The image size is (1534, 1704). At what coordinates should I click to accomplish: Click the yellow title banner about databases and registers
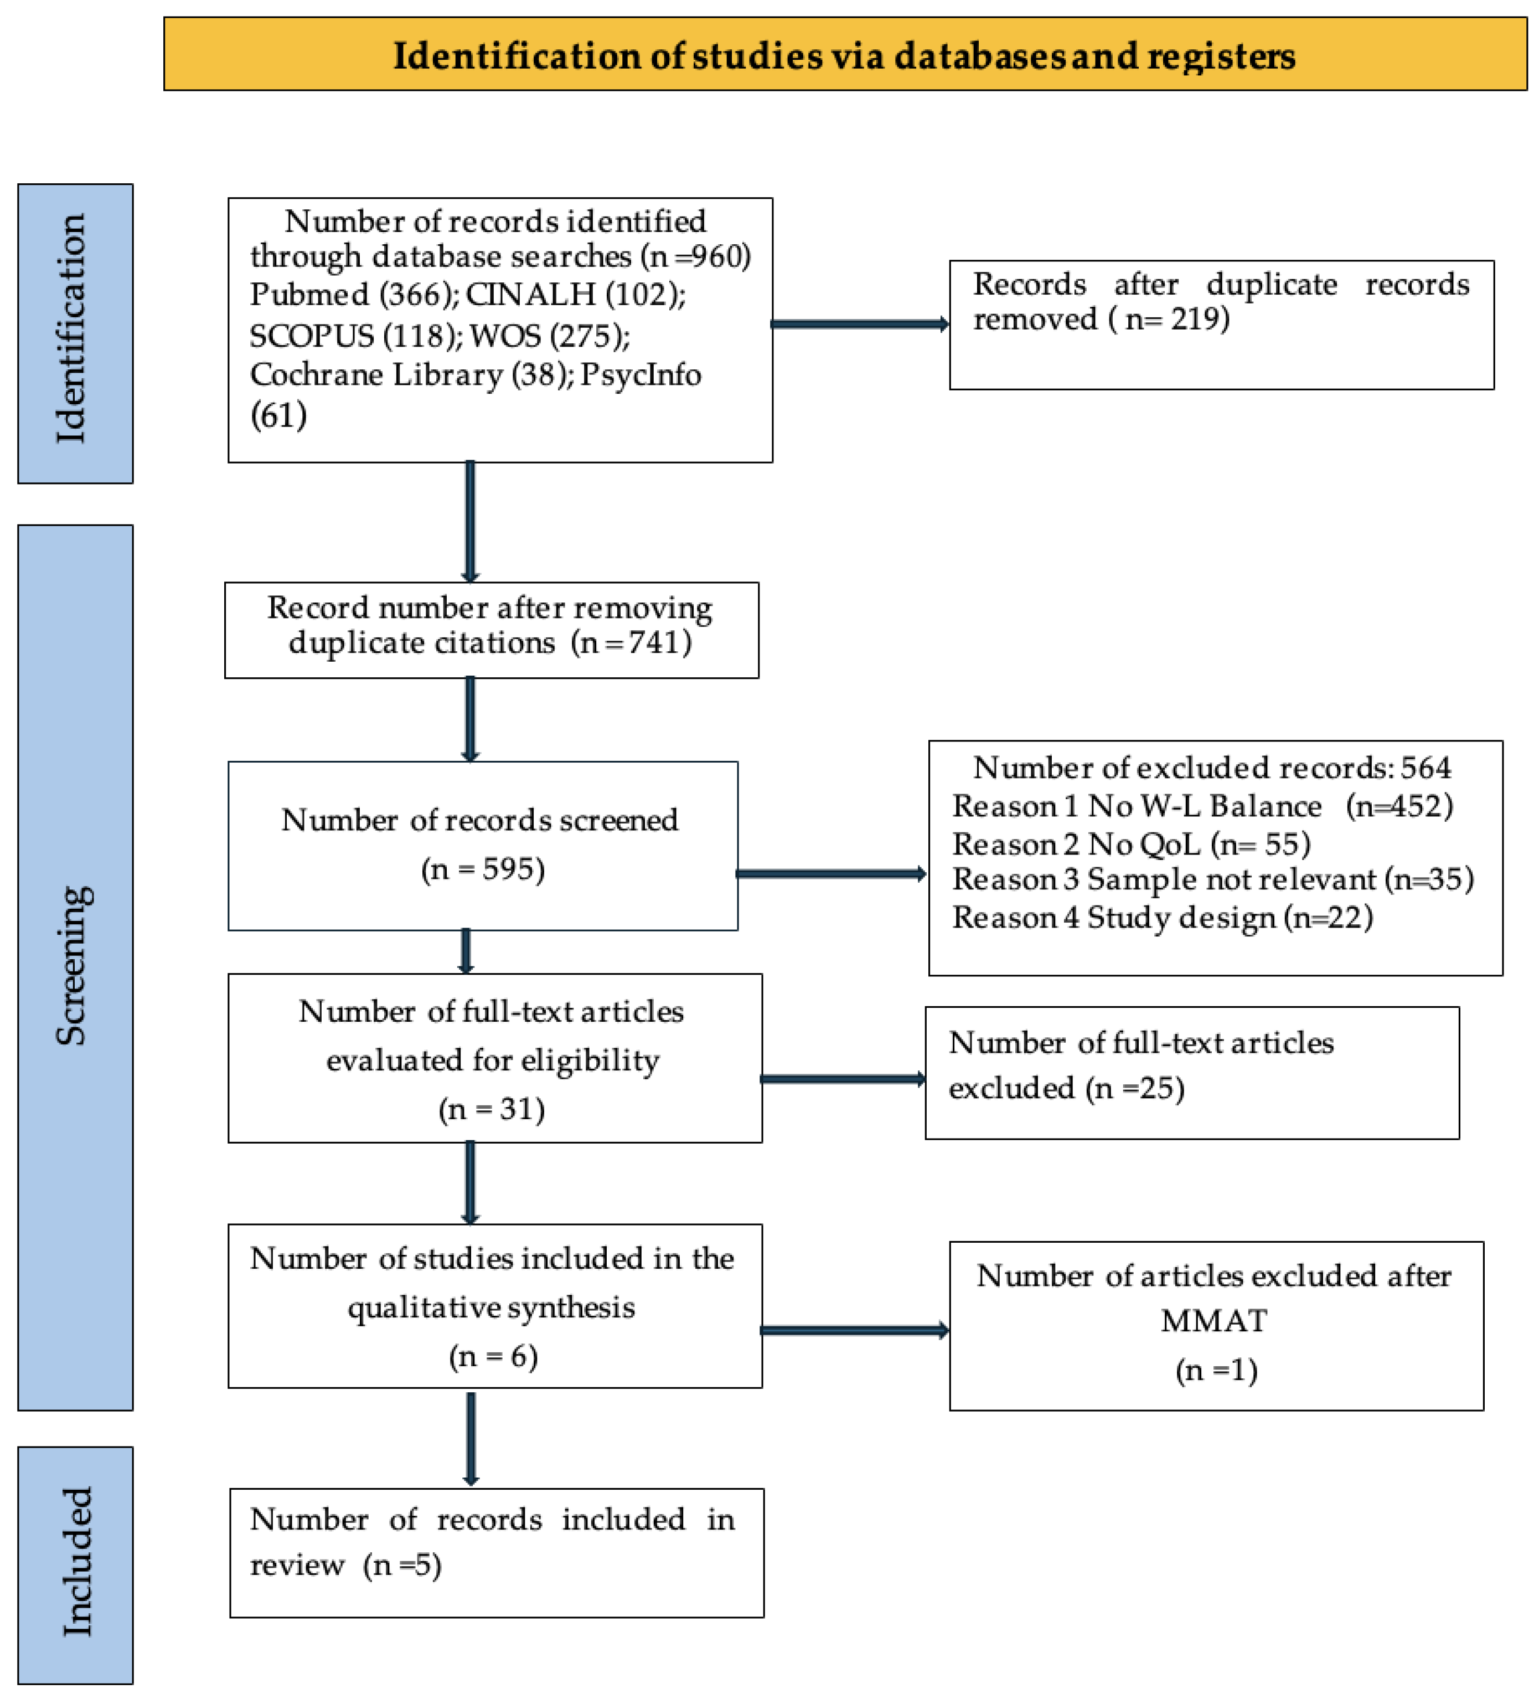(x=845, y=55)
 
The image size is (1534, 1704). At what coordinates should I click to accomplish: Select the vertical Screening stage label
(x=74, y=965)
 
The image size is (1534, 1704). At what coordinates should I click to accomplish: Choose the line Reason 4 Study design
(x=1161, y=917)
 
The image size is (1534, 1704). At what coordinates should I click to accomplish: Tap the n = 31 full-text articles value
(x=492, y=1108)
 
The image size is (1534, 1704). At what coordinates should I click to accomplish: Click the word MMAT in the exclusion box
(x=1213, y=1320)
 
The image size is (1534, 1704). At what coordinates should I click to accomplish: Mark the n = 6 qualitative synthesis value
(x=493, y=1356)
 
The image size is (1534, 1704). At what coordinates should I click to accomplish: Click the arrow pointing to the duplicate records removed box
(x=860, y=324)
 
